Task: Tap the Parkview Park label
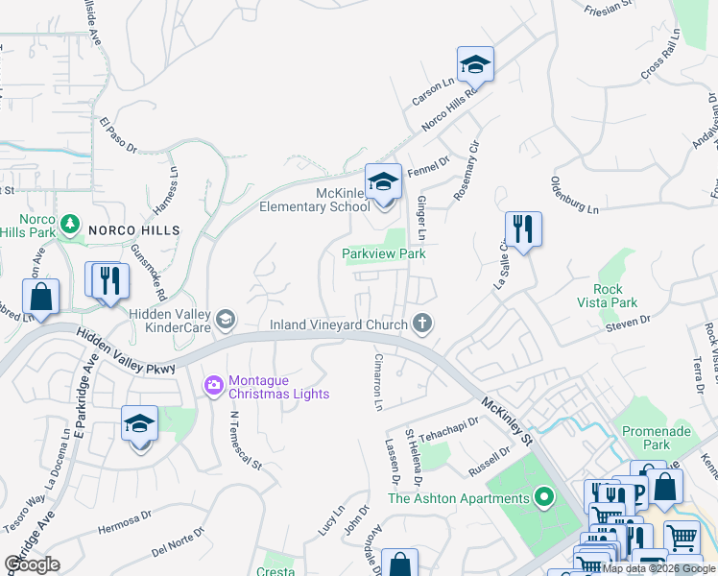click(x=384, y=254)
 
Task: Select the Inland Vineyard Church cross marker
click(x=420, y=324)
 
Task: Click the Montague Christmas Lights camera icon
click(x=212, y=386)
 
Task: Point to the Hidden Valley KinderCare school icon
click(x=226, y=319)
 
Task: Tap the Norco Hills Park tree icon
click(x=68, y=225)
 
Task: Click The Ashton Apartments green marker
click(x=544, y=498)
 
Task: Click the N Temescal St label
click(x=245, y=441)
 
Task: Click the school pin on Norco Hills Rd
click(x=474, y=65)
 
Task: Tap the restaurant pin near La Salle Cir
click(x=523, y=229)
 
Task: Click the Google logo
click(x=32, y=564)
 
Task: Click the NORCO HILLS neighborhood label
click(x=134, y=230)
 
